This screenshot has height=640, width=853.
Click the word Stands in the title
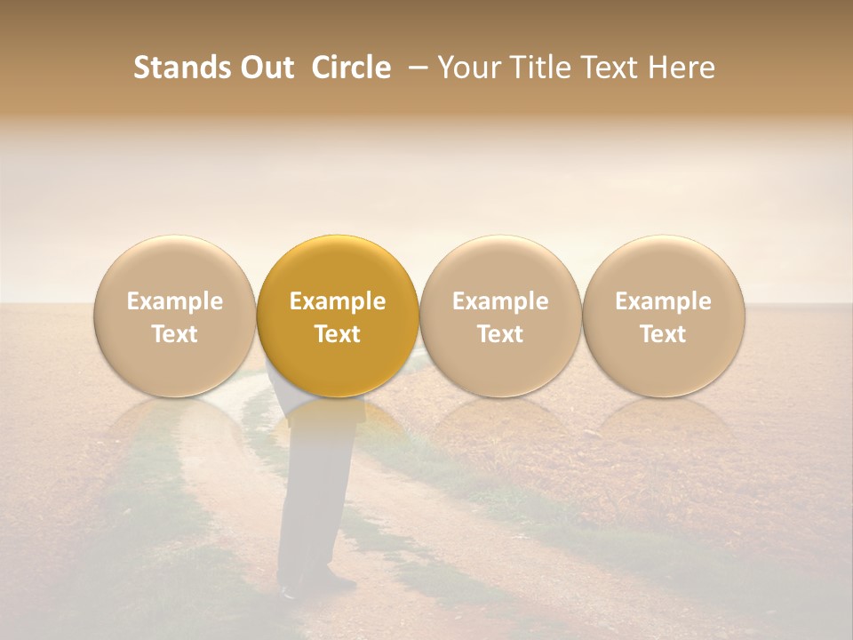click(170, 68)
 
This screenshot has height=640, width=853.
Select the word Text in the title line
click(618, 68)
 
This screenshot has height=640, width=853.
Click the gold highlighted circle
click(338, 316)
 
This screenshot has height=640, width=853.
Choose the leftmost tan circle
click(175, 316)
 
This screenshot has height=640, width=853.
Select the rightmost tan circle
click(664, 316)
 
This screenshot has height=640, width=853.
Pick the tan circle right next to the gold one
click(500, 316)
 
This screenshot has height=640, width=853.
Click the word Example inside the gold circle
click(338, 301)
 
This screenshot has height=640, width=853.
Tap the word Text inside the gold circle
click(338, 334)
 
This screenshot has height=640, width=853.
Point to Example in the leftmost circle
click(175, 301)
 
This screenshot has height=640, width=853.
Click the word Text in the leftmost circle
click(175, 334)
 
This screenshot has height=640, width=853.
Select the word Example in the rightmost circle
click(664, 301)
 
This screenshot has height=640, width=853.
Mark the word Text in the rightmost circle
click(664, 334)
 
